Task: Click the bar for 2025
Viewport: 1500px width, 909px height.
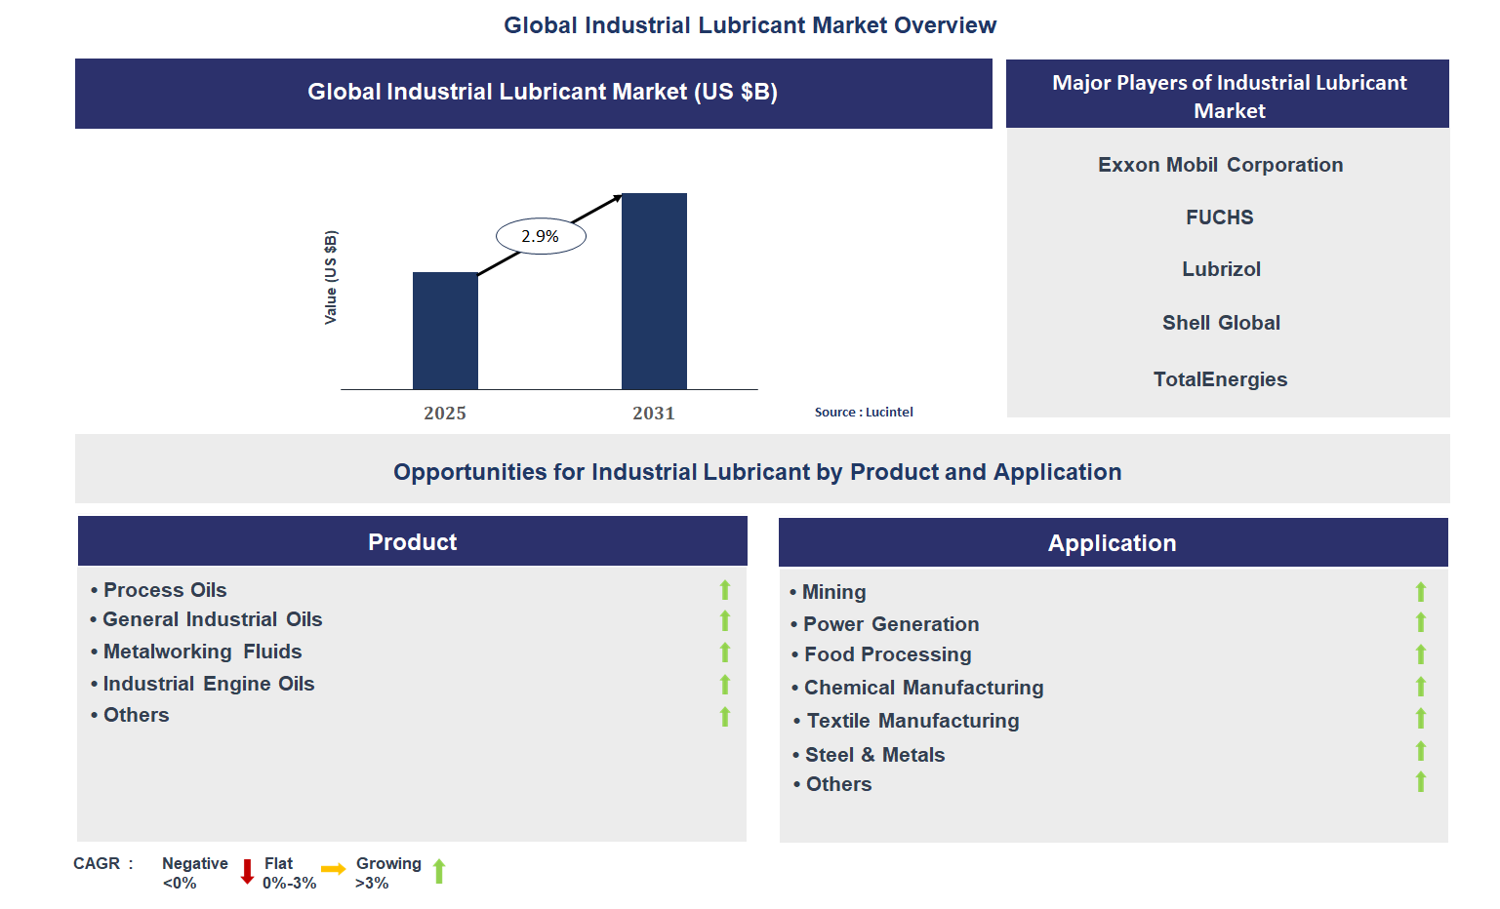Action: click(x=445, y=331)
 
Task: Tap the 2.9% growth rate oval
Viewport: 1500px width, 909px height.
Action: click(x=541, y=236)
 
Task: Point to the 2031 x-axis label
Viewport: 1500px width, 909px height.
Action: click(x=653, y=414)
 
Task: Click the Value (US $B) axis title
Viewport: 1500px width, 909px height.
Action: click(x=331, y=278)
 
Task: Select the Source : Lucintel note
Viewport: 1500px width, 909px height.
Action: click(x=864, y=413)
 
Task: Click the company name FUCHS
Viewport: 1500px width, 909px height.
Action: click(x=1219, y=217)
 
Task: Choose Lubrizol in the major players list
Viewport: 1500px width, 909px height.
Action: click(x=1221, y=269)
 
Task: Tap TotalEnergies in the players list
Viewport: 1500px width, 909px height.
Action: click(x=1220, y=379)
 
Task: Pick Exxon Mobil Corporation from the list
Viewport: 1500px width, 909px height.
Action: click(x=1220, y=165)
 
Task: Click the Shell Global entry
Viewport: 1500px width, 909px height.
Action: click(x=1221, y=323)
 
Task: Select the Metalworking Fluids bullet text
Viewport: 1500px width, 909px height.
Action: click(x=202, y=652)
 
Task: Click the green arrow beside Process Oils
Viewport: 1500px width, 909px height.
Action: click(x=725, y=590)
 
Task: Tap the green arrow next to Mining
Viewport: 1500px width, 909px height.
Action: click(x=1421, y=592)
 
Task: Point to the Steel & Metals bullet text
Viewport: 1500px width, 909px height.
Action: click(x=874, y=755)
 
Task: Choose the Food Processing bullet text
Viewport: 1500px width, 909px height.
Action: click(x=887, y=654)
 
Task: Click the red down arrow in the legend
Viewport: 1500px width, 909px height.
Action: click(x=247, y=871)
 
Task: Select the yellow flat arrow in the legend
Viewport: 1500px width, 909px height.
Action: click(x=334, y=869)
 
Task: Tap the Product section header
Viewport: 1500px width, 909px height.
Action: click(x=412, y=542)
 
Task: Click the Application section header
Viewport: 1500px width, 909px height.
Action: click(x=1112, y=543)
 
